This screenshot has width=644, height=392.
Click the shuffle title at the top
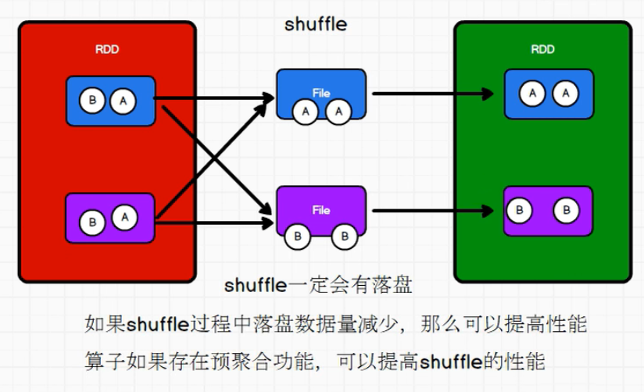(316, 24)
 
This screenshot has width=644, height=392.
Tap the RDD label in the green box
(543, 49)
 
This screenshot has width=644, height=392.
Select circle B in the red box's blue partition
(94, 101)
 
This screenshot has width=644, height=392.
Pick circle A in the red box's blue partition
(121, 100)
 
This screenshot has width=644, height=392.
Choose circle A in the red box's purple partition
(123, 217)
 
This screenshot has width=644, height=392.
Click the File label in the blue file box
(321, 93)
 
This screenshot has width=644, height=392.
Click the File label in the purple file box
(321, 210)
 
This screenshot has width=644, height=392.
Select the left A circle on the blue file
(305, 112)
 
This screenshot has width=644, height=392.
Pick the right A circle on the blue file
(339, 112)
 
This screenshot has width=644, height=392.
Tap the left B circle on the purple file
(297, 235)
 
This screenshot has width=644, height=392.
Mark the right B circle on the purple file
(344, 235)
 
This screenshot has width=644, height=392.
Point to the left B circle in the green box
(519, 210)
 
